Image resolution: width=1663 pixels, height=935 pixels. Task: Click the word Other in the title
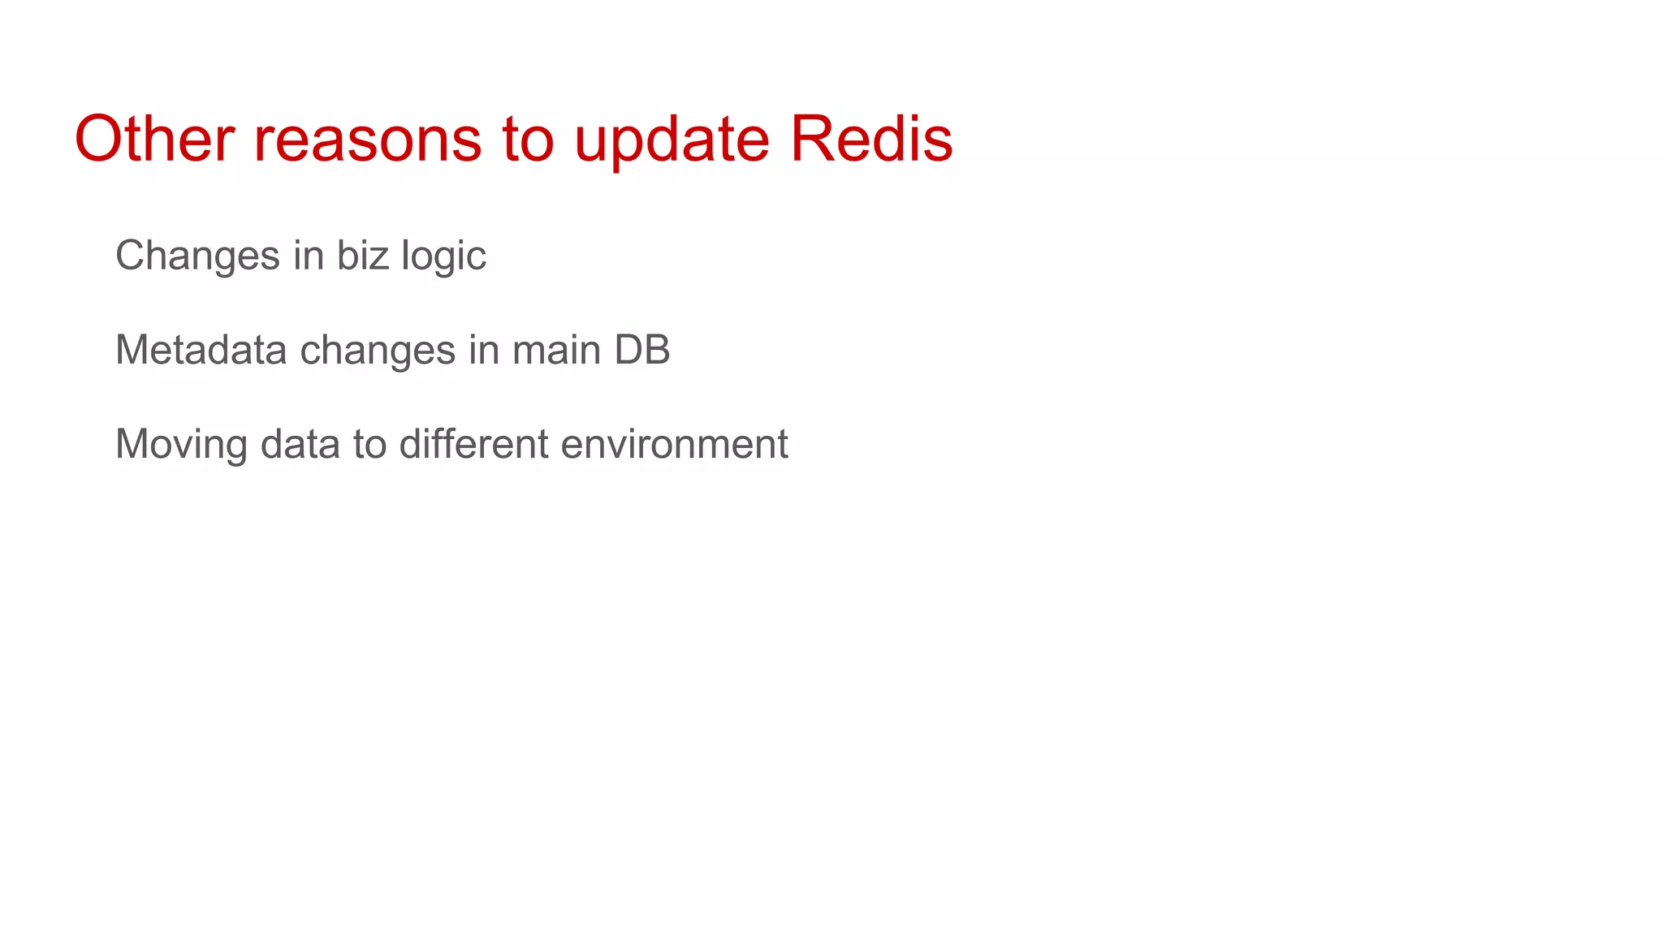154,139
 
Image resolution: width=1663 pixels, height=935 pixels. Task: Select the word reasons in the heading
368,139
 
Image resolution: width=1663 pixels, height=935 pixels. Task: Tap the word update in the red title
672,139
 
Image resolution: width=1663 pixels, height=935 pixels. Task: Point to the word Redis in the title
871,139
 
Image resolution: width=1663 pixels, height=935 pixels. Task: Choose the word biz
363,256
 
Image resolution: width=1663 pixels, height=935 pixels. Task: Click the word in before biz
309,256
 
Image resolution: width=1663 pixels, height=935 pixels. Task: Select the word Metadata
201,350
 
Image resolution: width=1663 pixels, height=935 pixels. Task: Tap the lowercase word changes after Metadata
378,350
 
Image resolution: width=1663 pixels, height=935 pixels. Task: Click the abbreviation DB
641,350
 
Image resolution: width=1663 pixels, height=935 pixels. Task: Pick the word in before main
483,350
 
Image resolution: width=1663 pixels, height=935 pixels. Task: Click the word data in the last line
300,444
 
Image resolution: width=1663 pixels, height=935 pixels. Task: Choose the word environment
674,444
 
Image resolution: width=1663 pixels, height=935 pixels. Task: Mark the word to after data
369,444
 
